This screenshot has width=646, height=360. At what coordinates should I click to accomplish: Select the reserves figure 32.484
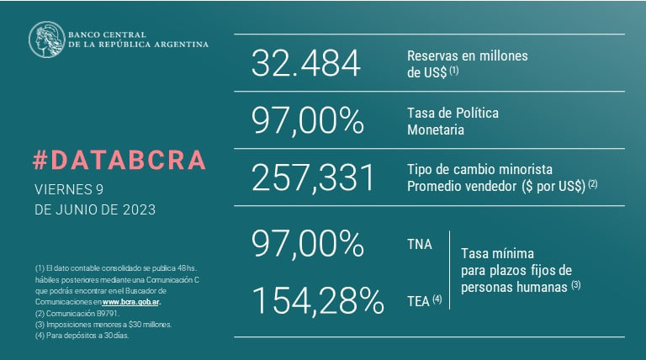[x=305, y=65]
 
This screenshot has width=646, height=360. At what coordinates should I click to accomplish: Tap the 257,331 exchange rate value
[x=312, y=177]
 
